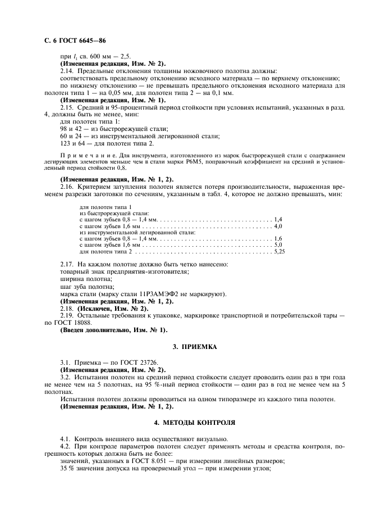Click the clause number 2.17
pyautogui.click(x=67, y=264)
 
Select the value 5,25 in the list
pyautogui.click(x=278, y=252)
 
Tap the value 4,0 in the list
pyautogui.click(x=278, y=226)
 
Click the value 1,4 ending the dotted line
pyautogui.click(x=278, y=219)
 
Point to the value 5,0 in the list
pyautogui.click(x=278, y=246)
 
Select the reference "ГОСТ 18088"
pyautogui.click(x=70, y=323)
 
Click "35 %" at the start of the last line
pyautogui.click(x=66, y=468)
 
